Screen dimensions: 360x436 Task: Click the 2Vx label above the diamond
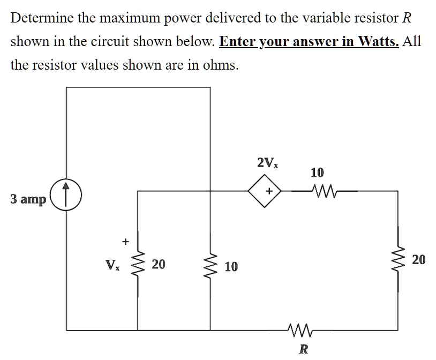267,162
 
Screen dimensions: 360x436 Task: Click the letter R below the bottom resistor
303,349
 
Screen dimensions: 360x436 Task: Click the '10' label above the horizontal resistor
317,172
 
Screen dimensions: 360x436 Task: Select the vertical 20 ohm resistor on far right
399,260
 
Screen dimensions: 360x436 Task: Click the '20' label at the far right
419,260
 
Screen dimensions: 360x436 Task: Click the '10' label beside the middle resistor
231,267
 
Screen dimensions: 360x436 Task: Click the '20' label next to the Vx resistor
159,264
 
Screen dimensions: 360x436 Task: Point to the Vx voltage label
112,265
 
